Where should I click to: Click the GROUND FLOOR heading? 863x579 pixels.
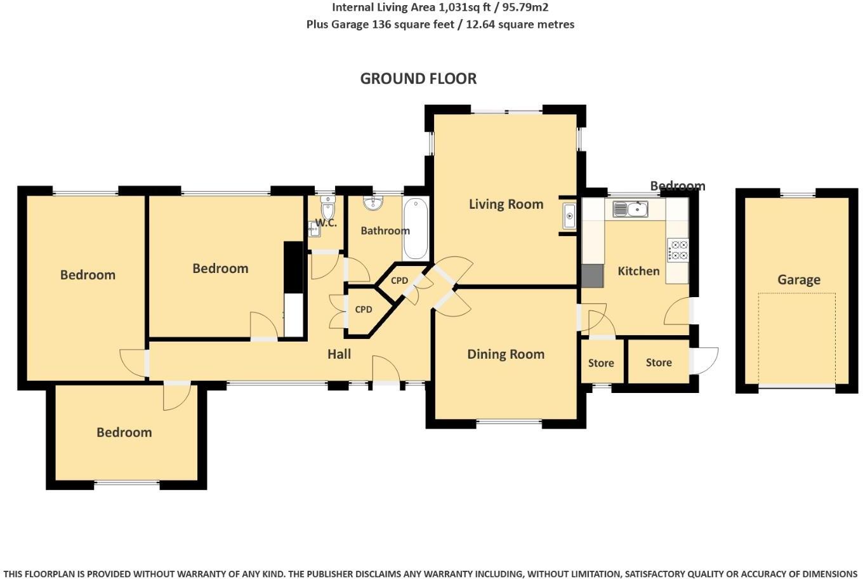point(418,79)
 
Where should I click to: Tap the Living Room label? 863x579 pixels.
point(506,204)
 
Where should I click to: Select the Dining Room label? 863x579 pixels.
point(506,354)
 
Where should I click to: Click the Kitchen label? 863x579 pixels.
point(638,271)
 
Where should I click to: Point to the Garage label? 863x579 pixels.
point(798,280)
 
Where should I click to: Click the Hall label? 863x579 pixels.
point(339,354)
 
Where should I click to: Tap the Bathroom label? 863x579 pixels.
point(385,230)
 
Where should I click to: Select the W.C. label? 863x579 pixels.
point(326,223)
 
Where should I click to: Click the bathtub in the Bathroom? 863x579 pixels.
point(416,229)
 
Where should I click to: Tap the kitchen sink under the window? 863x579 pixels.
point(629,209)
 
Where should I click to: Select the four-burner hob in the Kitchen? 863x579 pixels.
point(678,250)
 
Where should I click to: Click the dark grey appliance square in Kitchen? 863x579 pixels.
point(593,276)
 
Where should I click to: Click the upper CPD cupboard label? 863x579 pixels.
point(399,281)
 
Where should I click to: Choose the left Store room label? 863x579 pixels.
point(600,363)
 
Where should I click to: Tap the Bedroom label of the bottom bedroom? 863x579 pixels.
point(124,432)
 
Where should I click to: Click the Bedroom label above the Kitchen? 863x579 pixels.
point(677,186)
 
